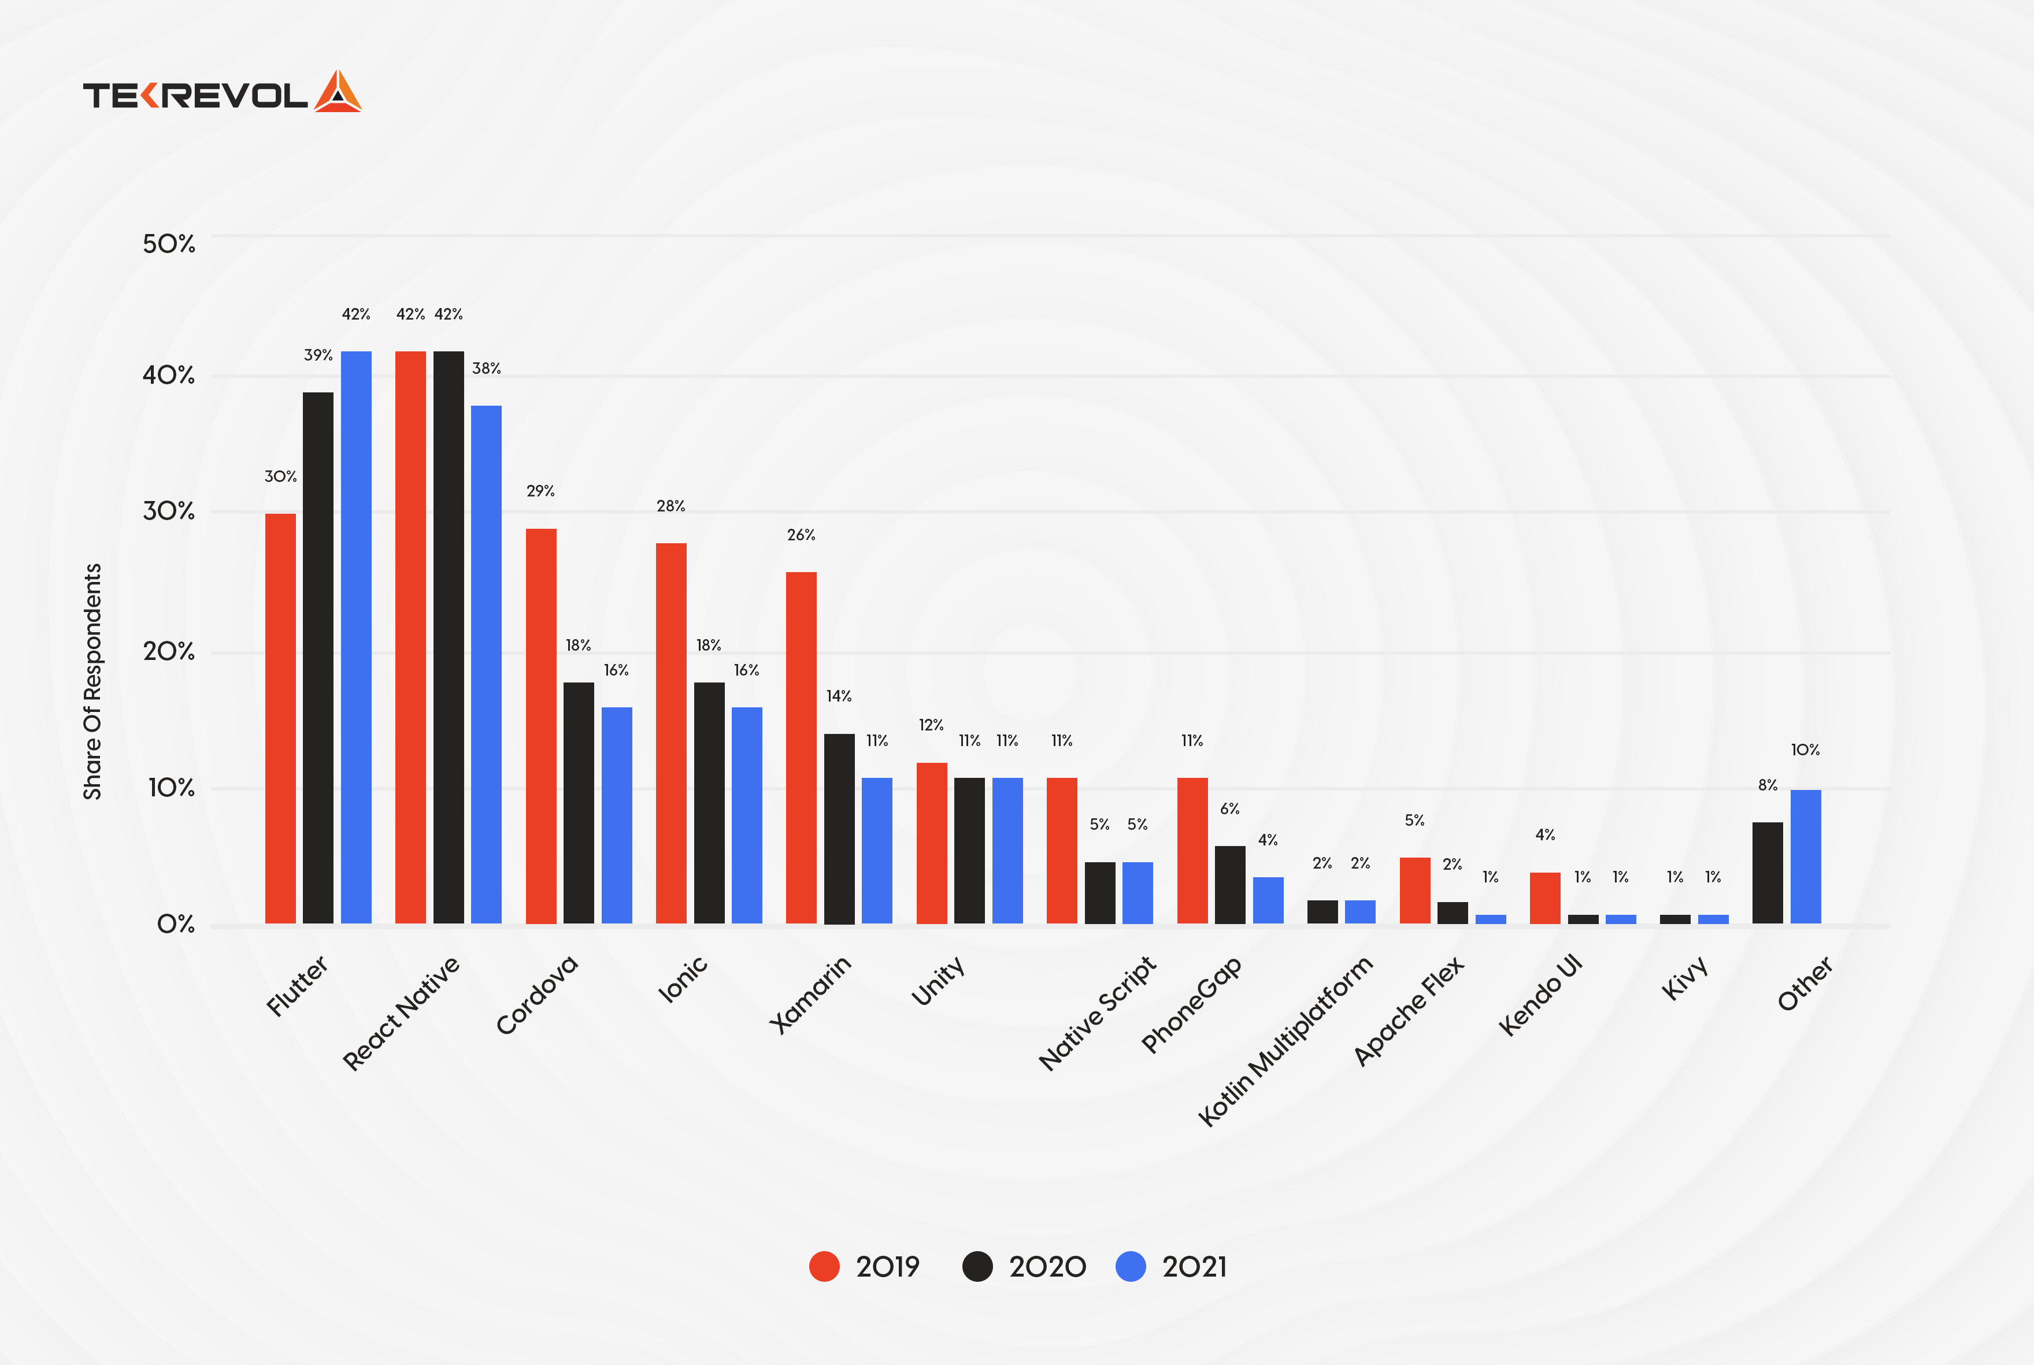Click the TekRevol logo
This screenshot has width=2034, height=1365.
pyautogui.click(x=221, y=92)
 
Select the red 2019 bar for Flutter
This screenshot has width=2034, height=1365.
pyautogui.click(x=280, y=718)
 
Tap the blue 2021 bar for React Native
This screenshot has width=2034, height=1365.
pyautogui.click(x=486, y=664)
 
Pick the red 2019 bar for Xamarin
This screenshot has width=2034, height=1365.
pyautogui.click(x=801, y=747)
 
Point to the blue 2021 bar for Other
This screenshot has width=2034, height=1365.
pyautogui.click(x=1805, y=856)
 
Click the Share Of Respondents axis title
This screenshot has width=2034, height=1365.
pyautogui.click(x=92, y=681)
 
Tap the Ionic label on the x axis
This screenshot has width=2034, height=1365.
pyautogui.click(x=683, y=980)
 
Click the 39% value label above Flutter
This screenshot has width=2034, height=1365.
pyautogui.click(x=318, y=355)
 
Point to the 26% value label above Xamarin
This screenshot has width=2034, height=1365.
pyautogui.click(x=801, y=535)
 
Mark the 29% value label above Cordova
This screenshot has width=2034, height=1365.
pyautogui.click(x=540, y=491)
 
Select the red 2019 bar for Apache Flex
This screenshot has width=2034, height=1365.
pyautogui.click(x=1415, y=890)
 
